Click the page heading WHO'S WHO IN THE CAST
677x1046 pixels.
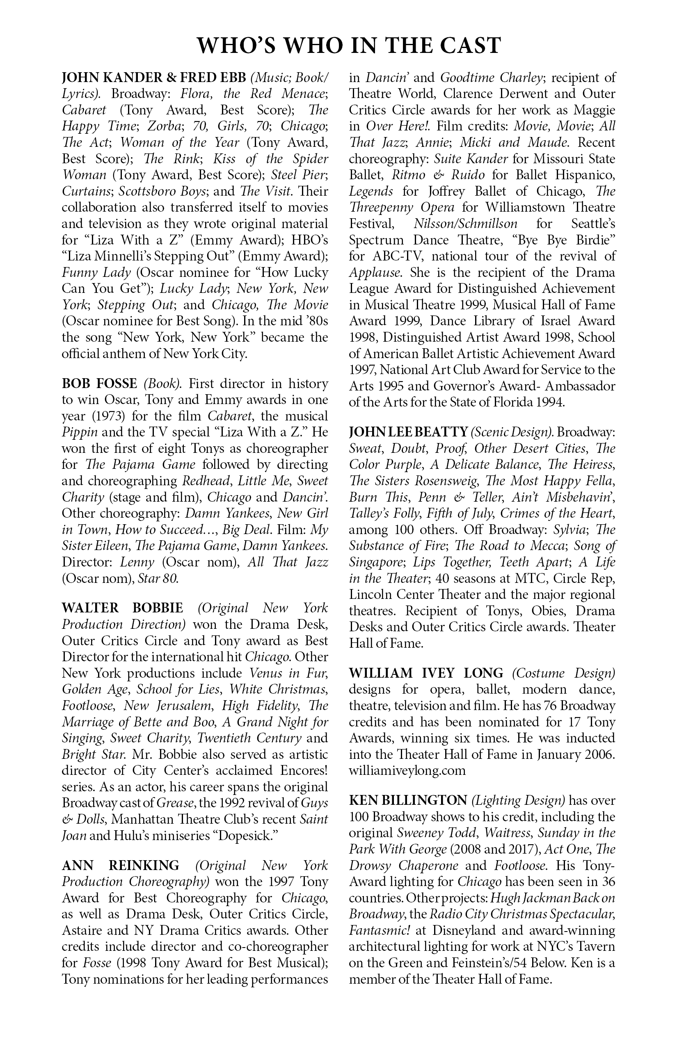coord(349,46)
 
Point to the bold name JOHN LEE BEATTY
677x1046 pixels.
coord(407,432)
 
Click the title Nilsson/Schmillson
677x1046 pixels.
coord(466,224)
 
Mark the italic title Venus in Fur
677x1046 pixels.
coord(288,673)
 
